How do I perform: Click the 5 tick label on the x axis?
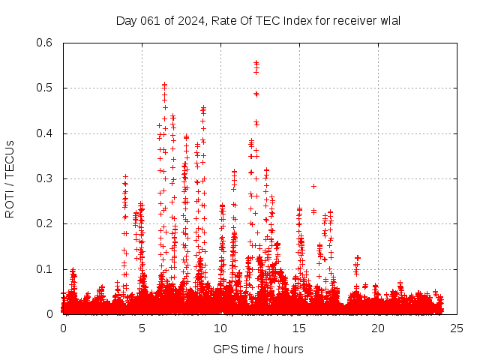point(142,328)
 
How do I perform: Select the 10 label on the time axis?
point(220,328)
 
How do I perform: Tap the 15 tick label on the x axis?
point(299,328)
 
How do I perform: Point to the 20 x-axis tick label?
point(378,328)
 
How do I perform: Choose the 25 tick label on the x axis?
point(457,328)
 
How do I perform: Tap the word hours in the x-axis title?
point(289,349)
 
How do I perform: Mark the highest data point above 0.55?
point(256,63)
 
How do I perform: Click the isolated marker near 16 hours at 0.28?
point(313,186)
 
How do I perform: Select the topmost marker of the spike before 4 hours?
point(125,177)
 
